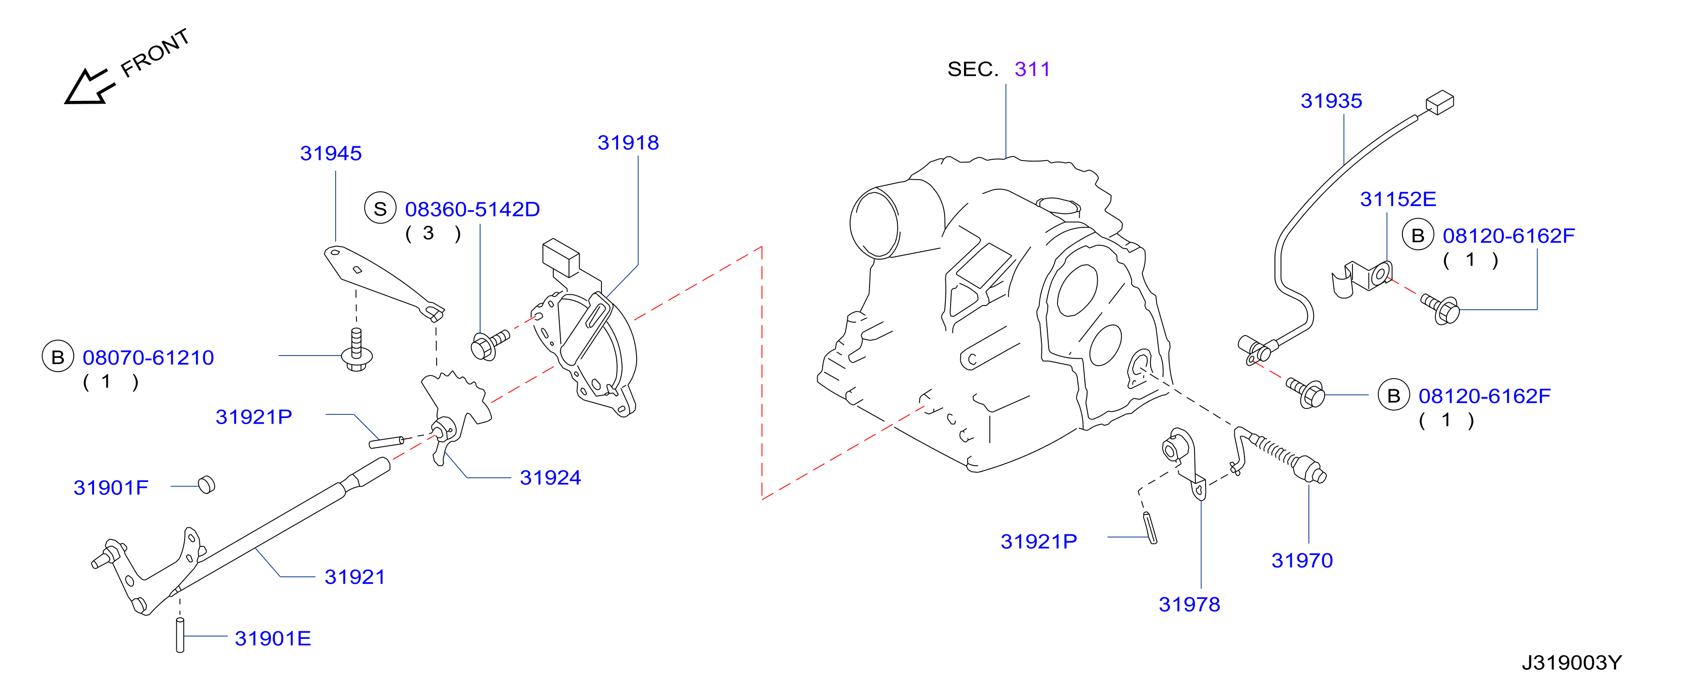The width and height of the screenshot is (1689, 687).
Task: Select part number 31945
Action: [331, 153]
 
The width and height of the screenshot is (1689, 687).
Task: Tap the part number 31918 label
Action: [628, 143]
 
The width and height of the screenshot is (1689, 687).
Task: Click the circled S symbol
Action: [380, 208]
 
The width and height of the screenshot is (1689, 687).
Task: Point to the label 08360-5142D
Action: [472, 209]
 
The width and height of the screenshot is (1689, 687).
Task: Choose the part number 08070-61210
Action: [148, 357]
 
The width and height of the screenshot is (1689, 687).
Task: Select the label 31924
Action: [550, 478]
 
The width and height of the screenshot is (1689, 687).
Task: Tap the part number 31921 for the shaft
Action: [355, 577]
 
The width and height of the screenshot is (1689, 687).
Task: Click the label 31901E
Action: [273, 638]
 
